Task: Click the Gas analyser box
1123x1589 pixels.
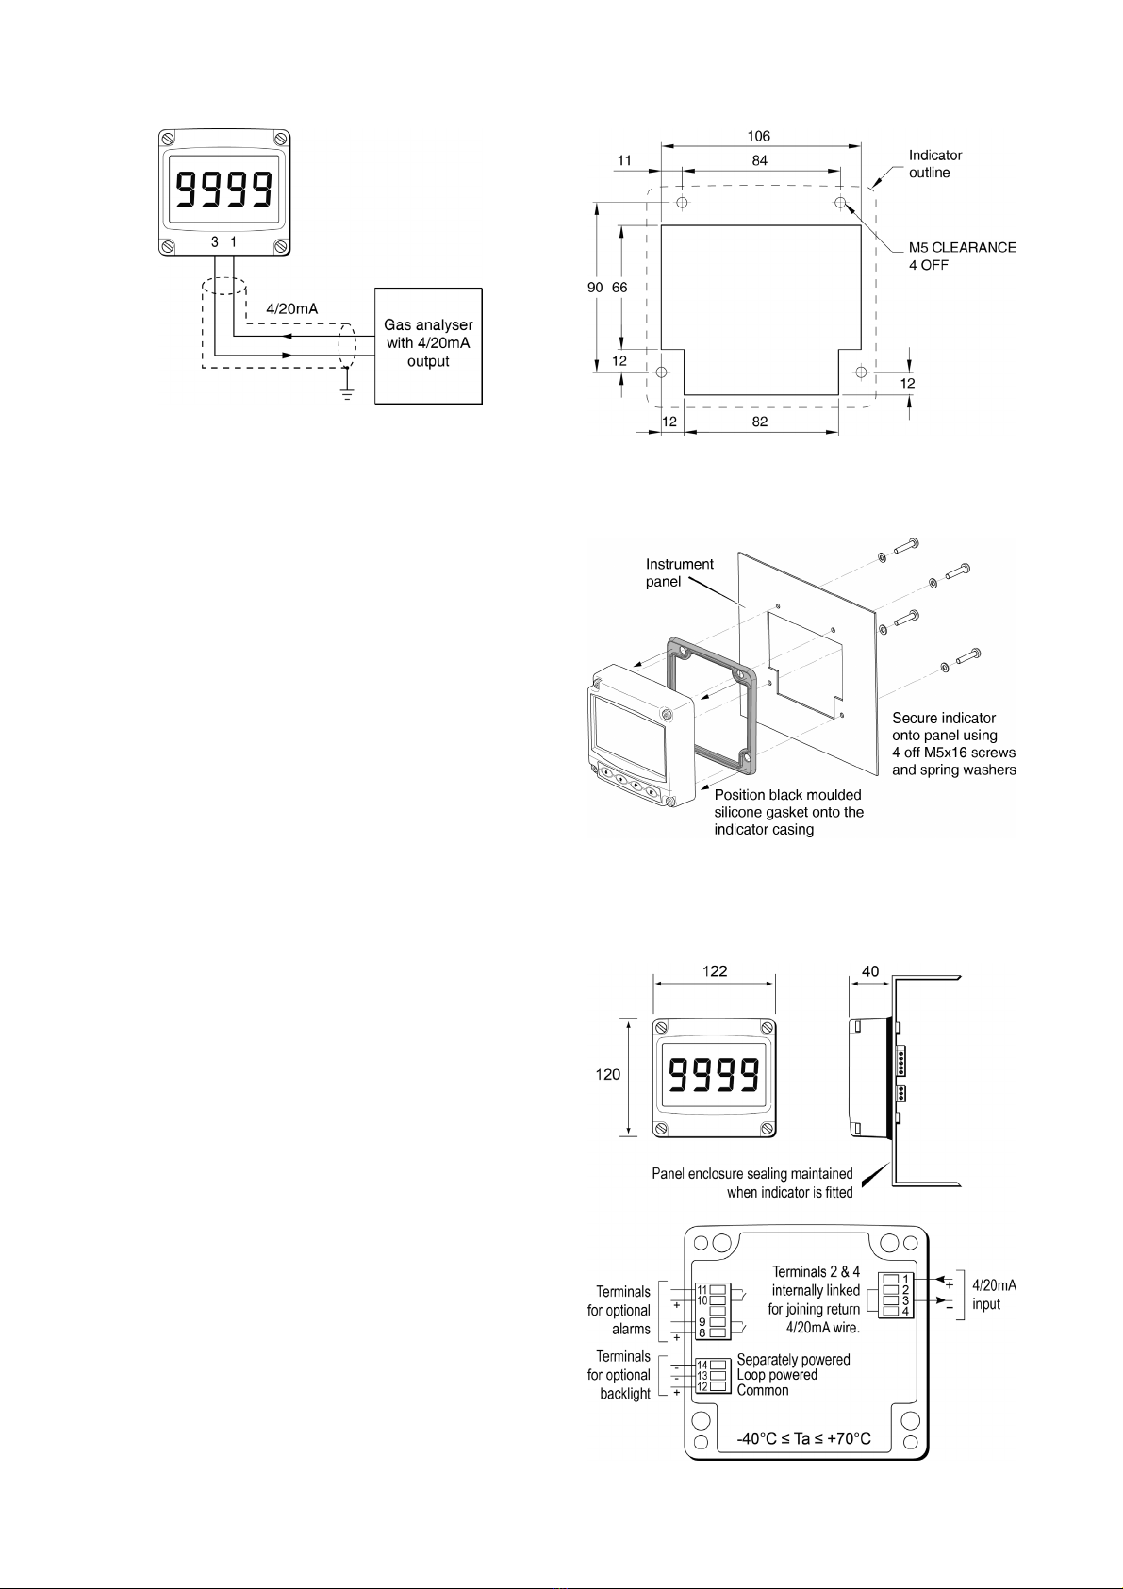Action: [428, 345]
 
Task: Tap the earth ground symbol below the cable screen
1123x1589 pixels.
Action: [347, 392]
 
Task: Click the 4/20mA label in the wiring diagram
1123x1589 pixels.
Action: [291, 308]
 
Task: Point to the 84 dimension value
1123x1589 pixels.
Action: [760, 161]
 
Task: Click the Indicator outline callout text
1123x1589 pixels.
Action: [934, 164]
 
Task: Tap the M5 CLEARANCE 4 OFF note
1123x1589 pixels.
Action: [962, 257]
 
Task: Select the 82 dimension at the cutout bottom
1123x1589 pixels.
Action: [760, 422]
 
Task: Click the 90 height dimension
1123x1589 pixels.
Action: [593, 288]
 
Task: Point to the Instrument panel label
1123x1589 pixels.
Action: [679, 572]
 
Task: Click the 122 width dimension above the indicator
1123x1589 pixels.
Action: [715, 971]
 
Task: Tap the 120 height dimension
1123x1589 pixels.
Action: [608, 1074]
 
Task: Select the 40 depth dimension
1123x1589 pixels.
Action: [869, 971]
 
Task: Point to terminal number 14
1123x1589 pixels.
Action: [702, 1365]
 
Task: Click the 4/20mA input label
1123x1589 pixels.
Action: [993, 1295]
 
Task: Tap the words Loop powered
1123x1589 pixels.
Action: [777, 1375]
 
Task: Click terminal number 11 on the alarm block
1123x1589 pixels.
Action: [702, 1289]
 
